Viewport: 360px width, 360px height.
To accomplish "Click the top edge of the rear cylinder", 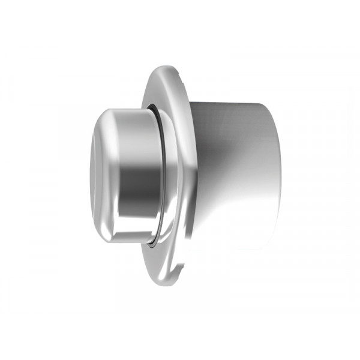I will (x=234, y=103).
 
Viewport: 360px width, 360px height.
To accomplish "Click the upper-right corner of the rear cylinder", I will (x=270, y=108).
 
